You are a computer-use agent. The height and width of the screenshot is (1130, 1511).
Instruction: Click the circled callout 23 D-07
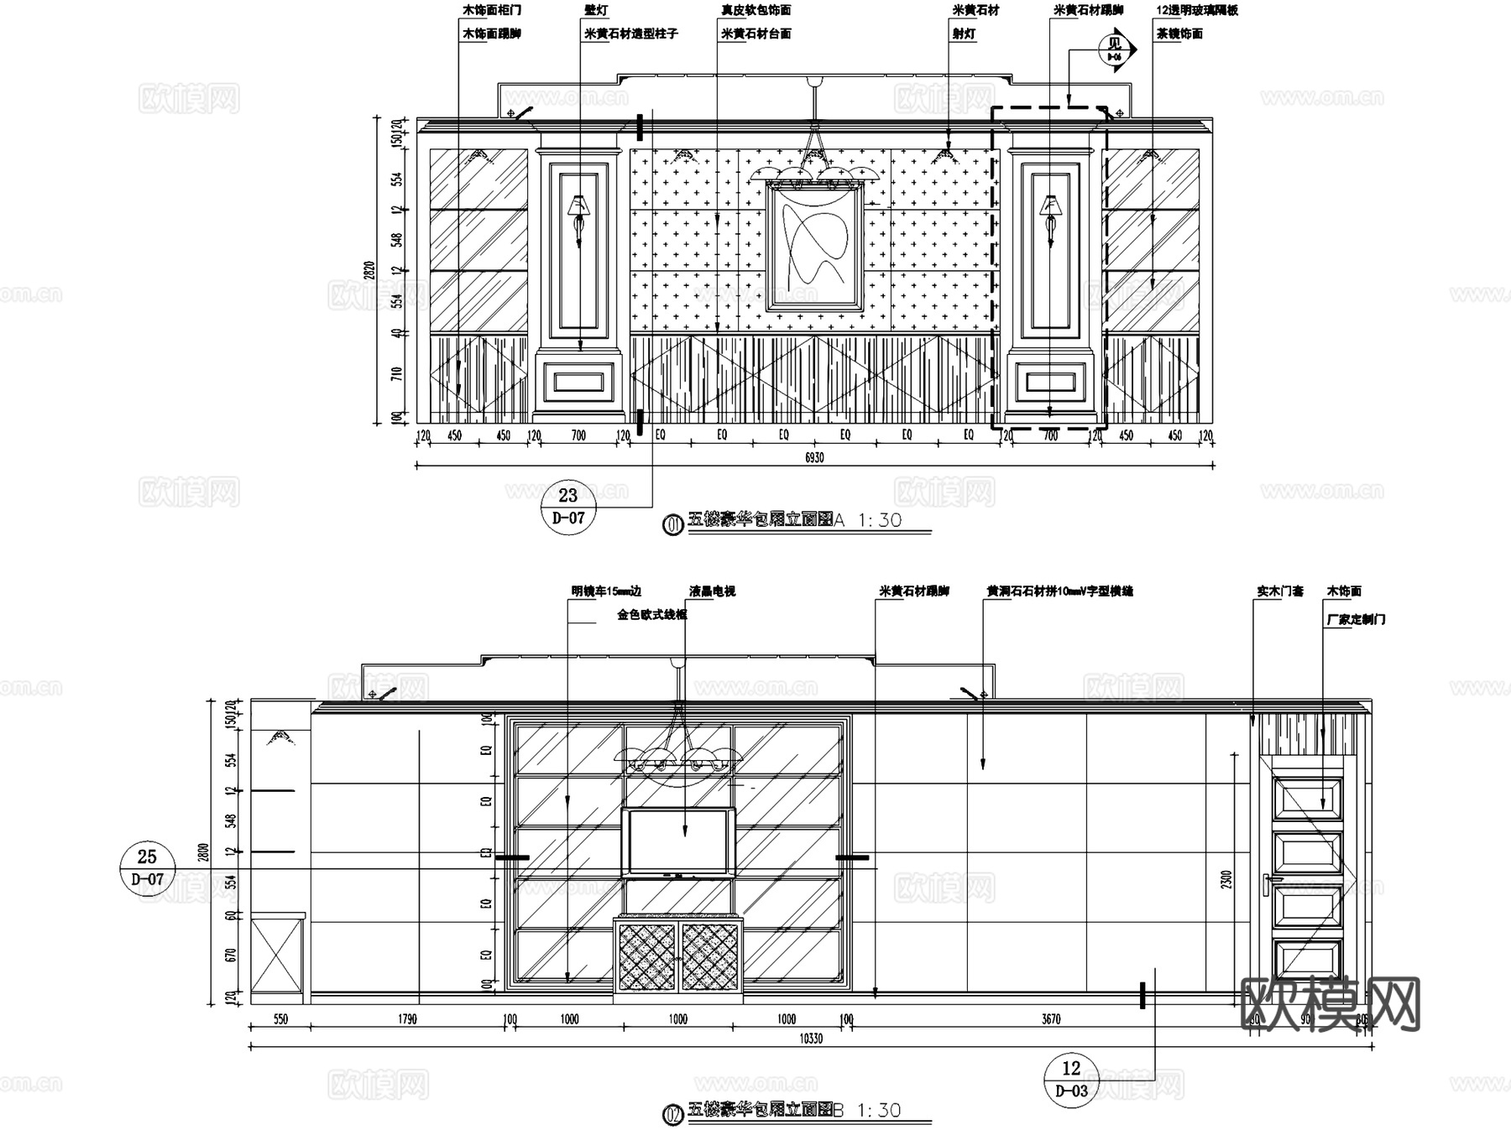point(568,506)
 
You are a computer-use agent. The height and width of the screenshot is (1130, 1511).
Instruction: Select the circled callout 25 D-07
point(147,867)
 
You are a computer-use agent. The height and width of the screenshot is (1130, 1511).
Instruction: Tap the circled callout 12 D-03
point(1071,1079)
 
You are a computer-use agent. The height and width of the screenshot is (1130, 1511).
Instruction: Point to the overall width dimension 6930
point(814,458)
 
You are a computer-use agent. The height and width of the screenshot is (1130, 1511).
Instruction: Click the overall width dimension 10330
point(811,1039)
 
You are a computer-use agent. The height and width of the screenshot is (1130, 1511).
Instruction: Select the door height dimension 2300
point(1226,879)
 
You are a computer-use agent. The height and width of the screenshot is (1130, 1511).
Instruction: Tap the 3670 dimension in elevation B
point(1051,1019)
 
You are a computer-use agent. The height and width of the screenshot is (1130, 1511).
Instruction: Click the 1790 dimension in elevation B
point(407,1019)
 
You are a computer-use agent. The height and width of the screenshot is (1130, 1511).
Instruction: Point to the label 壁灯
point(596,11)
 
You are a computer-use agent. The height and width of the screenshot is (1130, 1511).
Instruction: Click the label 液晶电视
point(713,591)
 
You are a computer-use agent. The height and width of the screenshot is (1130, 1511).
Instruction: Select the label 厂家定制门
point(1356,619)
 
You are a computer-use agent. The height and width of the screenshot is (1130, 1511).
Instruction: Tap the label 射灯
point(963,34)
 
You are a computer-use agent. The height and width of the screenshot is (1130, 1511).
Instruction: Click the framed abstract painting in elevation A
point(813,247)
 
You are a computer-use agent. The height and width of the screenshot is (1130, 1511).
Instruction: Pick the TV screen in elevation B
point(678,842)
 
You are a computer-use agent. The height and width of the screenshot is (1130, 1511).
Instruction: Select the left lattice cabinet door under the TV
point(647,957)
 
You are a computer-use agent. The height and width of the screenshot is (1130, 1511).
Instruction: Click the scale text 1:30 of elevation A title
point(879,520)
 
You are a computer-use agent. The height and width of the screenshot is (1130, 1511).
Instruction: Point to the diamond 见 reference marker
point(1116,49)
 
